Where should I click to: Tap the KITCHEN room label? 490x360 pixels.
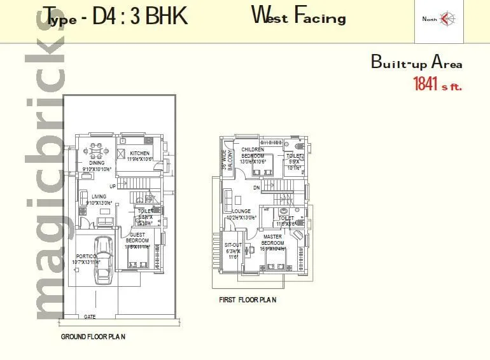(139, 154)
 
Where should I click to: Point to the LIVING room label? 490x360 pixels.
(99, 197)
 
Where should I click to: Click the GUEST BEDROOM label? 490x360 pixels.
(137, 237)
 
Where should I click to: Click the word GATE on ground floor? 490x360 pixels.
(90, 316)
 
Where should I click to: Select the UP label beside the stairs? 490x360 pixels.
(113, 186)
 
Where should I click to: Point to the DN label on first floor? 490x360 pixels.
(256, 188)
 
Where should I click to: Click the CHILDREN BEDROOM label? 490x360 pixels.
(252, 153)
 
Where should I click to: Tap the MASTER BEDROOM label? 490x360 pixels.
(273, 240)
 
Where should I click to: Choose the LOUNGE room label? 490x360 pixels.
(241, 211)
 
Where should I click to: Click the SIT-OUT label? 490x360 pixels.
(232, 244)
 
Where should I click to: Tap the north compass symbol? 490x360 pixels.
(444, 18)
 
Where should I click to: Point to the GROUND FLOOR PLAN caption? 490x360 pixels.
(93, 336)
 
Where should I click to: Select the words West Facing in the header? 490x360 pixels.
(298, 16)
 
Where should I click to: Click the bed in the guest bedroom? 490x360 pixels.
(140, 256)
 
